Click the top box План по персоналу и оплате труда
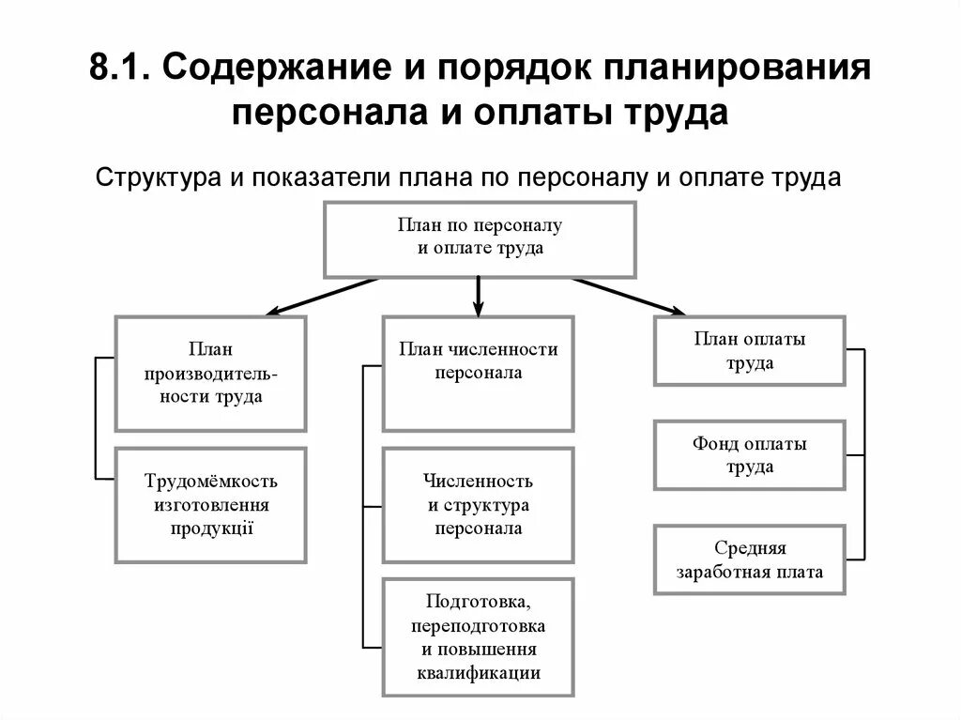(x=480, y=238)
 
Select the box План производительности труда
(x=210, y=373)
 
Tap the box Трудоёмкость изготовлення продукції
(x=210, y=504)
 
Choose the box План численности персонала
(x=478, y=373)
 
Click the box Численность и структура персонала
(x=478, y=505)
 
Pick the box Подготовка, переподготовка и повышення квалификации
(x=478, y=636)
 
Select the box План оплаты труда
(x=749, y=351)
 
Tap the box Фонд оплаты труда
(x=749, y=455)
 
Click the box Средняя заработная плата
(x=749, y=559)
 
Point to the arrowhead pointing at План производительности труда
(x=273, y=312)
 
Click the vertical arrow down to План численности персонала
(x=478, y=296)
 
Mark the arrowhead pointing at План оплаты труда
(x=678, y=311)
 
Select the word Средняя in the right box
(x=750, y=548)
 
